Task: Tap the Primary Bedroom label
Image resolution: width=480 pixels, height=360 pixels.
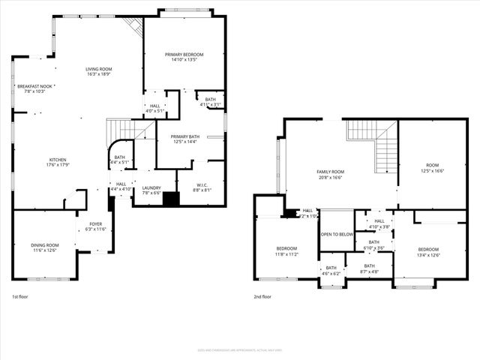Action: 183,58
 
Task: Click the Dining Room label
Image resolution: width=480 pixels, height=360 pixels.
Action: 44,247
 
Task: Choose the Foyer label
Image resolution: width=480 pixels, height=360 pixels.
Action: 96,226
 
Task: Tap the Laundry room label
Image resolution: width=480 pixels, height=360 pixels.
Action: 151,190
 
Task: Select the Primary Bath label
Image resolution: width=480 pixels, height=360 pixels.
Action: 178,139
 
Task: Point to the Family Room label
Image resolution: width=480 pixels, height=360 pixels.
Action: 329,175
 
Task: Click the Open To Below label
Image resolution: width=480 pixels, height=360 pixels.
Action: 337,234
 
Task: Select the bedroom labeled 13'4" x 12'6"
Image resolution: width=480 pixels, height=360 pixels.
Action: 428,252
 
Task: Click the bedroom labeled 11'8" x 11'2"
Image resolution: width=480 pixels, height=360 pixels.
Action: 286,251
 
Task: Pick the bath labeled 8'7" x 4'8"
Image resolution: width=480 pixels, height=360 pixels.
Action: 370,268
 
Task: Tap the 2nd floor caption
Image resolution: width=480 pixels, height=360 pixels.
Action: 262,297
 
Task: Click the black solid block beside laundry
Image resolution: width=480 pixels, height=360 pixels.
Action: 172,199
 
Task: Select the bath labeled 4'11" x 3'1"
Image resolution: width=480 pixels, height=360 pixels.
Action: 210,102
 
